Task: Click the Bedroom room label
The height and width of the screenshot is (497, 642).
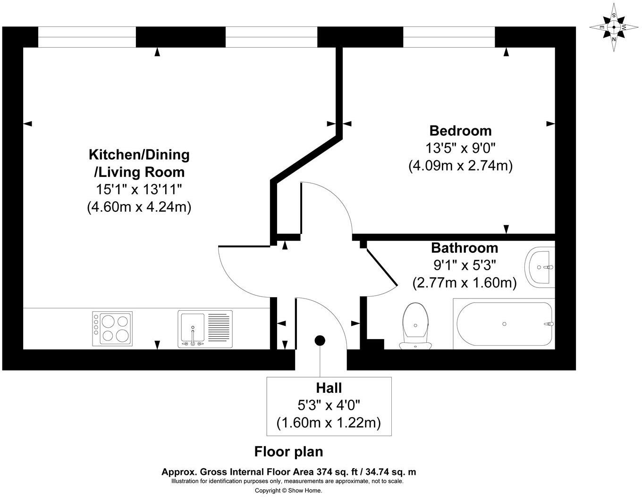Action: [460, 131]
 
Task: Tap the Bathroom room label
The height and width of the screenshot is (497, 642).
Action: [465, 248]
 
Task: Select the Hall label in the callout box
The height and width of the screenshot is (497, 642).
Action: [329, 388]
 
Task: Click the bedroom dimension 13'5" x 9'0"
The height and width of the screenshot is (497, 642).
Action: [460, 149]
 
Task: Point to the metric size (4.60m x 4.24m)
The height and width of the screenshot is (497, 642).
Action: [139, 207]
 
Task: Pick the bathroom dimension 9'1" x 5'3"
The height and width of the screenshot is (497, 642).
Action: [465, 265]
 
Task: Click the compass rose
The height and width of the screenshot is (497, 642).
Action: [613, 27]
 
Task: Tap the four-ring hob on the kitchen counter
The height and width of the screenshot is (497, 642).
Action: [112, 328]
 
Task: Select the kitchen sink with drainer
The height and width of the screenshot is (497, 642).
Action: [205, 329]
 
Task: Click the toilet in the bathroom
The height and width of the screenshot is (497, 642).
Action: [415, 325]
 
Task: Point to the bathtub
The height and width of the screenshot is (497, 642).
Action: [504, 324]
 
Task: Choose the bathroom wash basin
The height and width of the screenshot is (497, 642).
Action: [541, 267]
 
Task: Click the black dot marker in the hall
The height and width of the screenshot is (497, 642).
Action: [320, 340]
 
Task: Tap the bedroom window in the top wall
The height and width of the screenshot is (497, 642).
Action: [448, 37]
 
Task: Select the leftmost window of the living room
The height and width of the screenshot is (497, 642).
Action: [87, 37]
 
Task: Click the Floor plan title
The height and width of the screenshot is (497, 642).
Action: [288, 452]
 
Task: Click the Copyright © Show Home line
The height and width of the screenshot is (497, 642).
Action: [288, 490]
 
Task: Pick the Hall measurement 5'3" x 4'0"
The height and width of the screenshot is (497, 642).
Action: [329, 405]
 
